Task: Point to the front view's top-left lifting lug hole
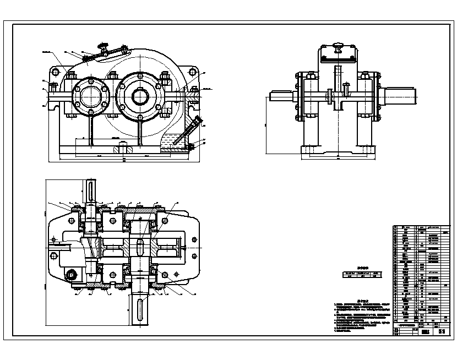pos(55,72)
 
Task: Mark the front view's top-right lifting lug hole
pos(193,72)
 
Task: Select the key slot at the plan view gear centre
pos(139,244)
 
